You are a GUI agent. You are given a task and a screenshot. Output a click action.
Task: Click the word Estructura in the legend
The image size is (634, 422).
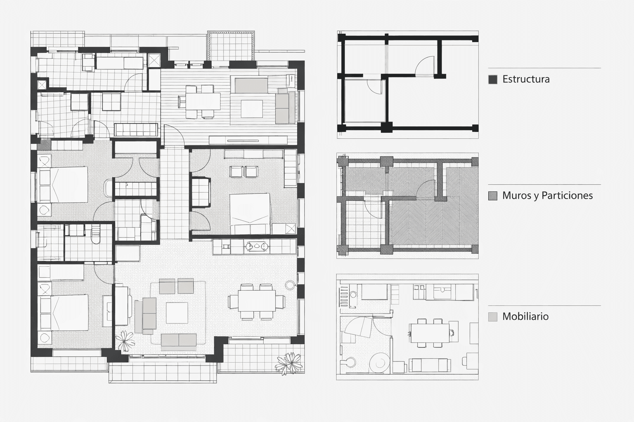coord(526,79)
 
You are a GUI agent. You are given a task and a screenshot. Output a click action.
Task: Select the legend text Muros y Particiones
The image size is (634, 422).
coord(547,195)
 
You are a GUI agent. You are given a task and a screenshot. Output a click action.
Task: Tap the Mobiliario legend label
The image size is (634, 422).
coord(525,316)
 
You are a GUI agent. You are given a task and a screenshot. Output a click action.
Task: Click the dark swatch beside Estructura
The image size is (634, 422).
coord(493,80)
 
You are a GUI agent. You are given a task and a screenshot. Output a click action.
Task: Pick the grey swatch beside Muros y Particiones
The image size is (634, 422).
coord(493,196)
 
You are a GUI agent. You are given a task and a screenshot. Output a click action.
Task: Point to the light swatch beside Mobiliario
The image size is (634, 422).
coord(493,317)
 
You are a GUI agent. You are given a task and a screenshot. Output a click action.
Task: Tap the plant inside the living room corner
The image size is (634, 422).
coord(125,341)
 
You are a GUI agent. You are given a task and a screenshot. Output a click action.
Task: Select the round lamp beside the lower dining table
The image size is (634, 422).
coord(290,285)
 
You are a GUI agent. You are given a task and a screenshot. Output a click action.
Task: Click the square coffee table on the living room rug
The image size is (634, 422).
coord(177,313)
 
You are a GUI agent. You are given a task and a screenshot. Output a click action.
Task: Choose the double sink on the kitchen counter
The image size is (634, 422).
coord(256,246)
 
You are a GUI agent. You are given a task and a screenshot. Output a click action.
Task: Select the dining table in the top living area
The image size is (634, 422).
coord(203,101)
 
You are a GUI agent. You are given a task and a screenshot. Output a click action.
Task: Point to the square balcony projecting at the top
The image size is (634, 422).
coord(231,46)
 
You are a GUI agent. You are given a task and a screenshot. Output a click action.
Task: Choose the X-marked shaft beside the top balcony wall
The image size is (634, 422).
coord(154,61)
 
